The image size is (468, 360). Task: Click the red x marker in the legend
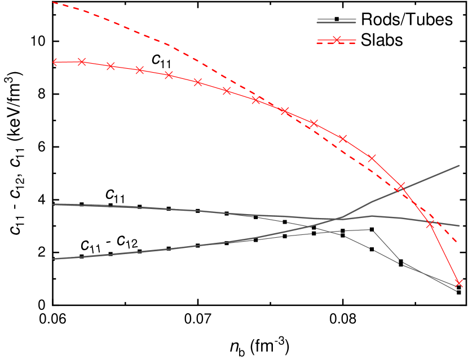point(337,40)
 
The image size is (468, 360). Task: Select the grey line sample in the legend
point(337,21)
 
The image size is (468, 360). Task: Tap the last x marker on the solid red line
point(459,283)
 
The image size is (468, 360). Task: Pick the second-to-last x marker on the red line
point(430,224)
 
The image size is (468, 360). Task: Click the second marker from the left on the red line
point(82,62)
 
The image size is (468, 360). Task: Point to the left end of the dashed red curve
point(53,2)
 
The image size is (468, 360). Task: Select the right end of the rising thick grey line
point(459,166)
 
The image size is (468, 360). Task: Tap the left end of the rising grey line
point(53,259)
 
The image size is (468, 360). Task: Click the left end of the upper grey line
point(53,205)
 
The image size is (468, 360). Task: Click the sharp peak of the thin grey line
point(372,229)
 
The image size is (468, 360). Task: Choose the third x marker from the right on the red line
point(401,186)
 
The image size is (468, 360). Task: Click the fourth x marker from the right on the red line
point(372,158)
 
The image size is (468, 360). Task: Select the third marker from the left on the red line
point(111,66)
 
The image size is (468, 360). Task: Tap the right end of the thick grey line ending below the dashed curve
point(459,226)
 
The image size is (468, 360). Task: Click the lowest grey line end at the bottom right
point(456,291)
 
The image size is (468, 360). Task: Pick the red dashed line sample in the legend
point(337,43)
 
